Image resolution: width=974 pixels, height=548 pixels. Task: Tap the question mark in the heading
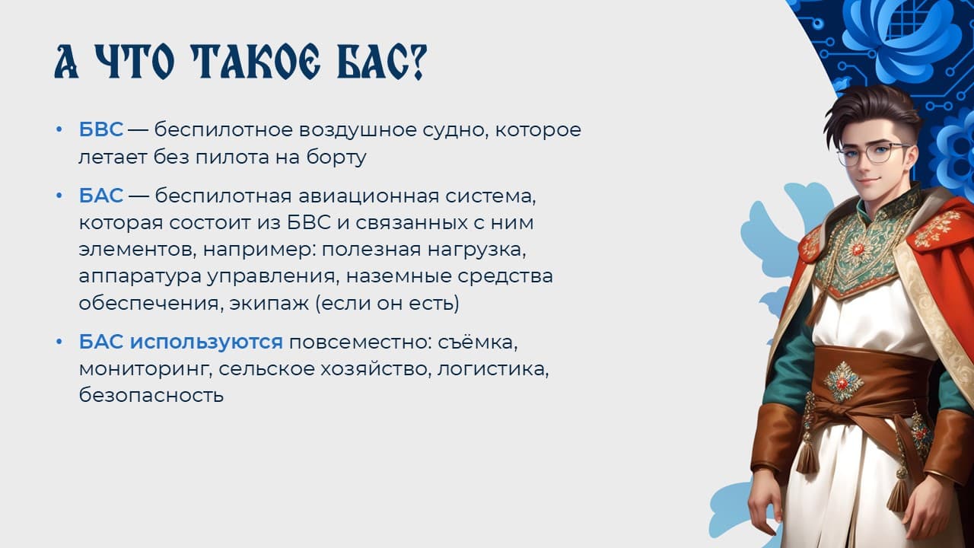pos(417,62)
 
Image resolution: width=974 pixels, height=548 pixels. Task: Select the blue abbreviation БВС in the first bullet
pos(101,129)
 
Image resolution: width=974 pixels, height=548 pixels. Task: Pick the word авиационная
pos(369,196)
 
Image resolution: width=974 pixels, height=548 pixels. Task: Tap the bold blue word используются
pos(206,342)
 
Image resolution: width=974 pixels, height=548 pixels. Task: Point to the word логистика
pos(493,369)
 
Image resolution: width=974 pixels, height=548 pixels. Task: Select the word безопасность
pos(151,395)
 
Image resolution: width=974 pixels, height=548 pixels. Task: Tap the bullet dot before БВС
pos(59,129)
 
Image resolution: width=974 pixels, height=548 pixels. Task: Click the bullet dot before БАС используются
pos(59,342)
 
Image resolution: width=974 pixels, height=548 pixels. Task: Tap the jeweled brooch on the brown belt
pos(842,381)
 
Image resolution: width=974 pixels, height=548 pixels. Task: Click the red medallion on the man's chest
pos(858,249)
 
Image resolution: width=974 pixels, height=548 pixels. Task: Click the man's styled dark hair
pos(870,111)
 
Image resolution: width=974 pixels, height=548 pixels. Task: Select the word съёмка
pos(478,342)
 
